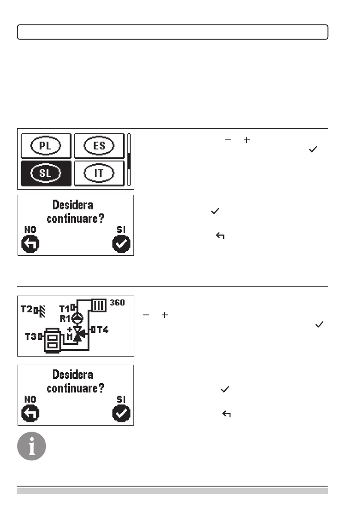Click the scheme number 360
pos(116,303)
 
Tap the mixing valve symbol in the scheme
pos(77,335)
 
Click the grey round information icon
pos(31,446)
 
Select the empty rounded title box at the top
pos(172,32)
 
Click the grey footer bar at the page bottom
pos(172,491)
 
